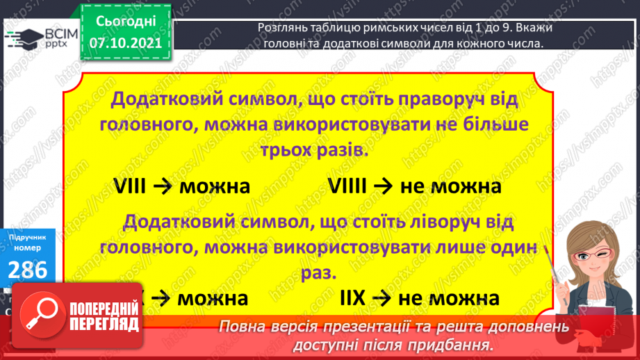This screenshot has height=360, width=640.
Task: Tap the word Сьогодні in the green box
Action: (126, 23)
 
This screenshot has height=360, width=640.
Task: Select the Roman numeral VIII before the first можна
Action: (138, 186)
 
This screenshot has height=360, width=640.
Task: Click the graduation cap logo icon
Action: (23, 37)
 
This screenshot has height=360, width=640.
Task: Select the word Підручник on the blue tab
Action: (28, 237)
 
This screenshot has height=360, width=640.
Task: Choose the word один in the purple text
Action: (508, 247)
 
